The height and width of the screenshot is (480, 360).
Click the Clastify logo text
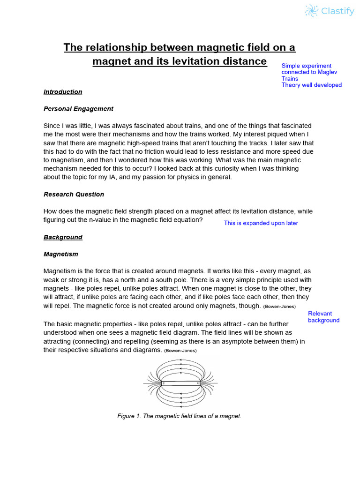(337, 11)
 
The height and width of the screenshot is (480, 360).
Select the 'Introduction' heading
(63, 92)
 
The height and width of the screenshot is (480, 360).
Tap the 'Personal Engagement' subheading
(78, 109)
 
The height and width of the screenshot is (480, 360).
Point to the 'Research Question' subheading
(74, 194)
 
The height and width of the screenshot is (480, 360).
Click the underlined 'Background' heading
(63, 237)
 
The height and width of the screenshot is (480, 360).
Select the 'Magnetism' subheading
(61, 254)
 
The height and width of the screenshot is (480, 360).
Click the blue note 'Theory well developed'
(311, 85)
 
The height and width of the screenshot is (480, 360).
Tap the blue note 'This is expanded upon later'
(261, 223)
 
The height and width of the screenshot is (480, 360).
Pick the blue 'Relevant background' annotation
(323, 317)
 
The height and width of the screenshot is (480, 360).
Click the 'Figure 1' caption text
(179, 416)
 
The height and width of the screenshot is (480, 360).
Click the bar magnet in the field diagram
(180, 383)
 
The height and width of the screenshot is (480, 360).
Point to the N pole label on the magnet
(198, 383)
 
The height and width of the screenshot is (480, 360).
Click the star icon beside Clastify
(311, 11)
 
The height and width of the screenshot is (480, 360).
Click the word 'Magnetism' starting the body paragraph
(60, 271)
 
